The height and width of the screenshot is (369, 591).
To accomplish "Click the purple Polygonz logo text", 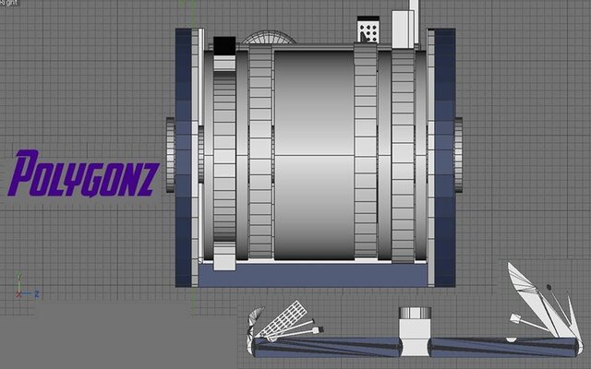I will coord(84,174).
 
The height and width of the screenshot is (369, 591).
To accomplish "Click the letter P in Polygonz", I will coord(22,174).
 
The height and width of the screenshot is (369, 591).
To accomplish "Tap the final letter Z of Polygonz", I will coord(149,173).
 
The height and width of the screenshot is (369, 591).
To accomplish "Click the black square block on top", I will coord(224,44).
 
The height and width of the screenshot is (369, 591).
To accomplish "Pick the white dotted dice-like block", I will coord(368,31).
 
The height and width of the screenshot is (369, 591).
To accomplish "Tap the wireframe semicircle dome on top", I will coord(269,39).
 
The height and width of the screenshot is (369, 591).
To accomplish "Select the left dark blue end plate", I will coord(184,157).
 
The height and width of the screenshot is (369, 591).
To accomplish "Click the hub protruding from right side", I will coord(459,154).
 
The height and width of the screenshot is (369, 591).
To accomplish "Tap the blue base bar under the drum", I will coord(309,275).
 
